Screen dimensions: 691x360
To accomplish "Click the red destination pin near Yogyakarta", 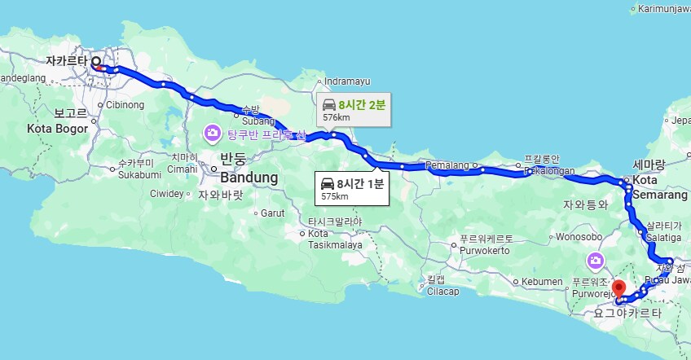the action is tap(618, 288).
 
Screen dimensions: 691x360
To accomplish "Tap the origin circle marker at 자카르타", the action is tap(96, 61).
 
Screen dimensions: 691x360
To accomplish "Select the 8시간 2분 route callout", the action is tap(353, 109).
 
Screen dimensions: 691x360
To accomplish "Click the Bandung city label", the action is tap(249, 177).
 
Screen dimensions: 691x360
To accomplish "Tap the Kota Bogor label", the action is tap(56, 128).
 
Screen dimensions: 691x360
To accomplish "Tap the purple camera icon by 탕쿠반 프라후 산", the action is tap(212, 132).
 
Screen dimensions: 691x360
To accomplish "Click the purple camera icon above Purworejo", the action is tap(596, 261).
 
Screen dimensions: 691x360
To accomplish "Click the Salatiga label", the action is tap(664, 236).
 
